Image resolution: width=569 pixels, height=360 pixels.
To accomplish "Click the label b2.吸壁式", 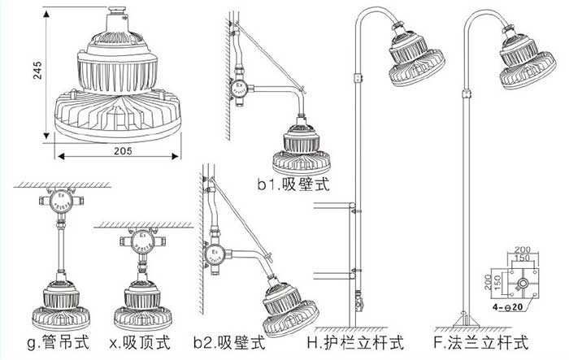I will tap(230, 343).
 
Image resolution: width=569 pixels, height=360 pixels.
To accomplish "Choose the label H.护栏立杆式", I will tap(355, 343).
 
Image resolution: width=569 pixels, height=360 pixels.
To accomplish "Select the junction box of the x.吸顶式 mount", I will tap(141, 242).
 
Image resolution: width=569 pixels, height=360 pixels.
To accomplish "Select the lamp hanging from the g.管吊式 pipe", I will tap(58, 300).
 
